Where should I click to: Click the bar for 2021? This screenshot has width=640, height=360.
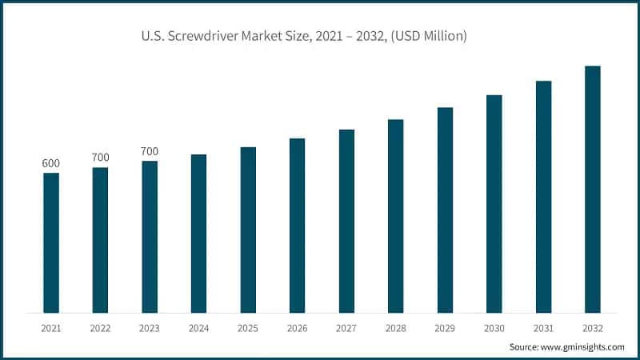51,242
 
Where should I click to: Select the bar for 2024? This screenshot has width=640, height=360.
198,233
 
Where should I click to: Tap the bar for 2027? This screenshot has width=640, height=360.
346,221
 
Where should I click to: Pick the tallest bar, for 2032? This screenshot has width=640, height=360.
592,189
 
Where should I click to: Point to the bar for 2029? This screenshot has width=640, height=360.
445,210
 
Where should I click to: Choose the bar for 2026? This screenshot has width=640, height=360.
297,225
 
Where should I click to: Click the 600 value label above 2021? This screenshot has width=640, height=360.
51,164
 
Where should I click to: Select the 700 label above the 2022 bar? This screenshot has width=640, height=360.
100,158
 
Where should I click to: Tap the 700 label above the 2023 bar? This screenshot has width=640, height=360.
150,151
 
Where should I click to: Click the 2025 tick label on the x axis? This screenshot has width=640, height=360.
248,328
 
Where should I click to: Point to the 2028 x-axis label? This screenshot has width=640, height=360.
395,328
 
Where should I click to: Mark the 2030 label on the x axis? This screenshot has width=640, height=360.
494,328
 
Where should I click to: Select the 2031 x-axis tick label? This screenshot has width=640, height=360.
543,328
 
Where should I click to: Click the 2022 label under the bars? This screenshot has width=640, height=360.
100,328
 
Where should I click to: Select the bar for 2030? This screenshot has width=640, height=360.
494,203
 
